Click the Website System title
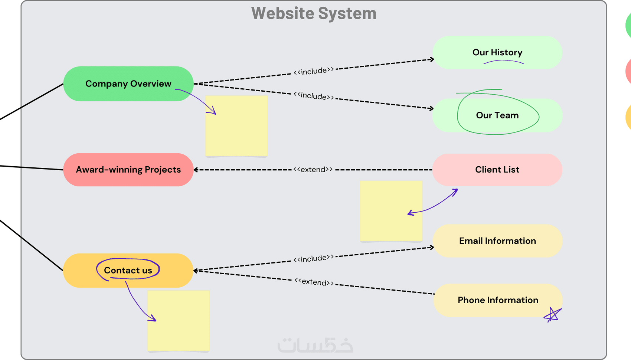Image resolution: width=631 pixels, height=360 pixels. click(314, 13)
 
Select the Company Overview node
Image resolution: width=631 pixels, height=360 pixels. click(128, 84)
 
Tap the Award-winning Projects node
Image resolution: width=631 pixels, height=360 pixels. click(128, 170)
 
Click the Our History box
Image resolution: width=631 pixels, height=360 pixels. click(497, 52)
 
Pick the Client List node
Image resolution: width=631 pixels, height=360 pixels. click(497, 170)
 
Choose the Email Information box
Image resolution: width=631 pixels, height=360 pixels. click(497, 241)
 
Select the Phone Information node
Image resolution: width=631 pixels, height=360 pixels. click(498, 300)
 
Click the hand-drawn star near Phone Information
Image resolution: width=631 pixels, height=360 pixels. click(553, 315)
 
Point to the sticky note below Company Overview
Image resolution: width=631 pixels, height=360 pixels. click(236, 126)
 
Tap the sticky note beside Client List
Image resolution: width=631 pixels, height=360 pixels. click(391, 211)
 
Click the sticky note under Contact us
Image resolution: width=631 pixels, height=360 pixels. click(179, 321)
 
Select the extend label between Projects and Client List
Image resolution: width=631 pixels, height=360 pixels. click(313, 170)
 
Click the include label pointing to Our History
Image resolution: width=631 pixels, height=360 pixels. click(314, 71)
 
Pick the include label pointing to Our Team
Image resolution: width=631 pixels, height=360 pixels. click(314, 96)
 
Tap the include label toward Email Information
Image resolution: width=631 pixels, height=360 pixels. click(314, 258)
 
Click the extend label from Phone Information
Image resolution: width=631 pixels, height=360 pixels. click(314, 282)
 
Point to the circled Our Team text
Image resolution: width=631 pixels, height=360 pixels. click(497, 115)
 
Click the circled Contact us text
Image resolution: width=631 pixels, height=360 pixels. click(128, 270)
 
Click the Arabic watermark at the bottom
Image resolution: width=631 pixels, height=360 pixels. click(315, 345)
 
